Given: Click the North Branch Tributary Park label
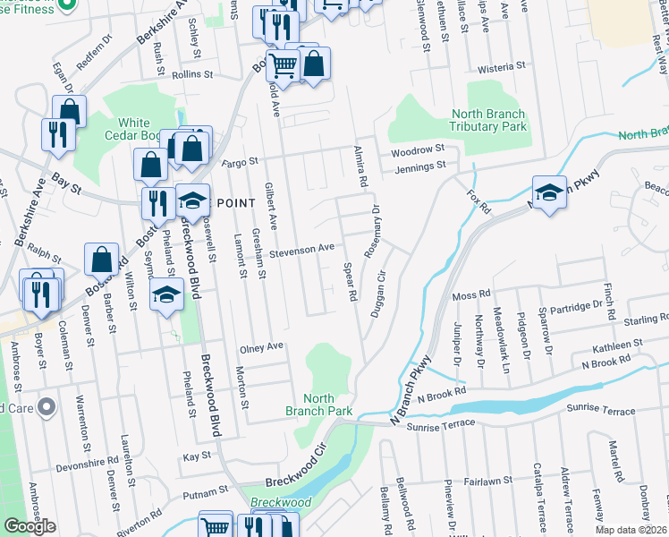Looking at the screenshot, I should point(487,120).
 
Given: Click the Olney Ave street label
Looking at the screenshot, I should point(261,346).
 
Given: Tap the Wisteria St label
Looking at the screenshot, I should point(502,67).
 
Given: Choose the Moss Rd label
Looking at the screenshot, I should point(471,294).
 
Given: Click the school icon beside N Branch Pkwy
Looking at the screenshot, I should point(549,192).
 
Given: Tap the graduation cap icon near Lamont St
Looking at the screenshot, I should point(166,294).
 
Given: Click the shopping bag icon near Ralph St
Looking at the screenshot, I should point(102,260).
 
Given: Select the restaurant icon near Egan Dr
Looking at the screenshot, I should point(56,134).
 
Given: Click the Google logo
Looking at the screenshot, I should point(30,526).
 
